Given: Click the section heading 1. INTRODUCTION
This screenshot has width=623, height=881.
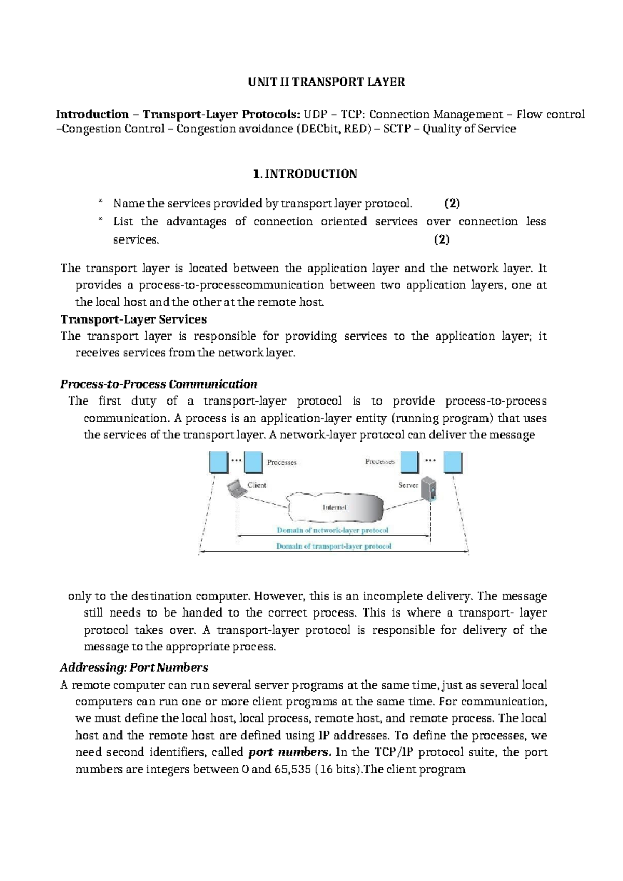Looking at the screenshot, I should (305, 174).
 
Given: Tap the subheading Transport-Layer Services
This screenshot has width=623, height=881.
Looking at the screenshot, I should (133, 319).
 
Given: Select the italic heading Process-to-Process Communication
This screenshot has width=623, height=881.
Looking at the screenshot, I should (159, 384).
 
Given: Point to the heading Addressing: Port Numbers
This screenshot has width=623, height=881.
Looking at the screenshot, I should (134, 668).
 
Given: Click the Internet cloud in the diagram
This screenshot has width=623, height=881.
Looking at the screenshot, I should (335, 507).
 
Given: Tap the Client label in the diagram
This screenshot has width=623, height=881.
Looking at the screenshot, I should (257, 485).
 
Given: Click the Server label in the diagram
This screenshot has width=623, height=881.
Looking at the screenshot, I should (408, 485).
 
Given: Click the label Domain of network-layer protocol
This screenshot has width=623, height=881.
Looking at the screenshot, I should (332, 530).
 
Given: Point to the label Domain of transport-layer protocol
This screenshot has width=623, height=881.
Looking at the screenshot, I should (334, 546).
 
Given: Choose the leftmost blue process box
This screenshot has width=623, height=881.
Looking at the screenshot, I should (219, 462).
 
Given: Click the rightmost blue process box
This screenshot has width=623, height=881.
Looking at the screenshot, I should (452, 462).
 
